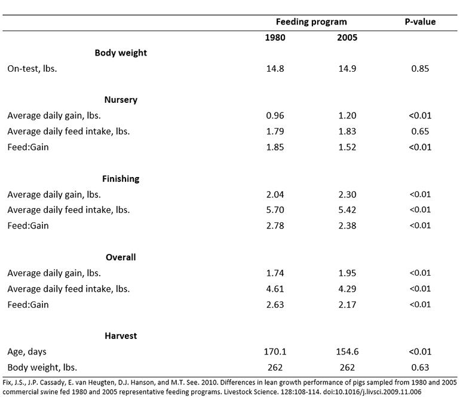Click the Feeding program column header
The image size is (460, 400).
pyautogui.click(x=311, y=22)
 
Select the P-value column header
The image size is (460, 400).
pyautogui.click(x=420, y=22)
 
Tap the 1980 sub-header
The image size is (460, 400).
pyautogui.click(x=275, y=38)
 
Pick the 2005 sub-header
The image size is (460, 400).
pyautogui.click(x=347, y=38)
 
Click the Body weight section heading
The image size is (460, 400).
pyautogui.click(x=121, y=53)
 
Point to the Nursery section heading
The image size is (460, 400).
pyautogui.click(x=121, y=100)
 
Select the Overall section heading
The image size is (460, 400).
pyautogui.click(x=121, y=257)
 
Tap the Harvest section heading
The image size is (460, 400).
pyautogui.click(x=121, y=336)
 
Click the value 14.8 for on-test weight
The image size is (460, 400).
pyautogui.click(x=275, y=69)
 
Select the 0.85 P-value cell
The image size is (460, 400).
pyautogui.click(x=420, y=69)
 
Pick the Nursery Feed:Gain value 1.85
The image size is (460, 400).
pyautogui.click(x=275, y=147)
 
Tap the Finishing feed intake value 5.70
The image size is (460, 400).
pyautogui.click(x=275, y=210)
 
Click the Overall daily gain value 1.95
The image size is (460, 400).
pyautogui.click(x=347, y=273)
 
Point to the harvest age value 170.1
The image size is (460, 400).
pyautogui.click(x=275, y=352)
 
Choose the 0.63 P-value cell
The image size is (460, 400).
pyautogui.click(x=420, y=367)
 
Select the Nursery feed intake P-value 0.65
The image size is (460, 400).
pyautogui.click(x=420, y=132)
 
